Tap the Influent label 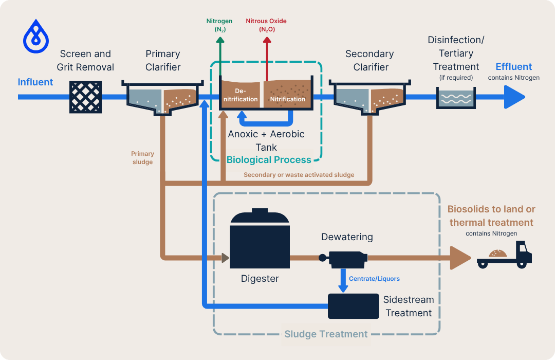pos(35,82)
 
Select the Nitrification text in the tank pos(288,99)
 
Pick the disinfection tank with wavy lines pos(455,98)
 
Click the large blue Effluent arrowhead pos(514,97)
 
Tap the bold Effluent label pos(513,67)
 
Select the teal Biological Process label pos(269,159)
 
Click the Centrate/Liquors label pos(374,279)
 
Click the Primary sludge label pos(142,158)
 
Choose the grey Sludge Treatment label pos(326,334)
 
